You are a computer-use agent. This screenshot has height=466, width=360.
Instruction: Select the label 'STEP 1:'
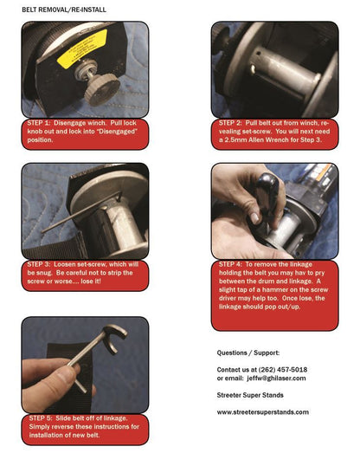coord(44,125)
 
